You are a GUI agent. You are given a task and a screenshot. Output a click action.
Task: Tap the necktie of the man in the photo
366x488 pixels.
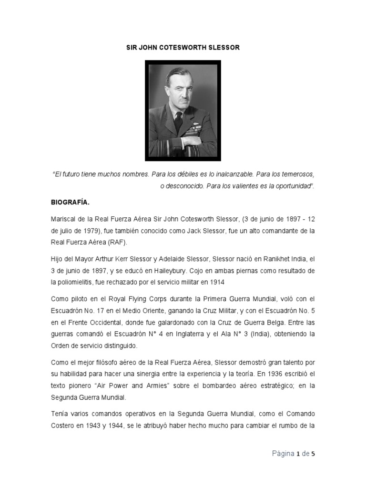pos(178,122)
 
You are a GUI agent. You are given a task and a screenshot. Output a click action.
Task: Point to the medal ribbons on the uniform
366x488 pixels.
pos(195,128)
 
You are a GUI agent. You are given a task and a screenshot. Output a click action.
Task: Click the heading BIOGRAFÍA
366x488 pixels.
pos(70,202)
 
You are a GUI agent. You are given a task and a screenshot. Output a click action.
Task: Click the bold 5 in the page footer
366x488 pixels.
pos(313,454)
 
